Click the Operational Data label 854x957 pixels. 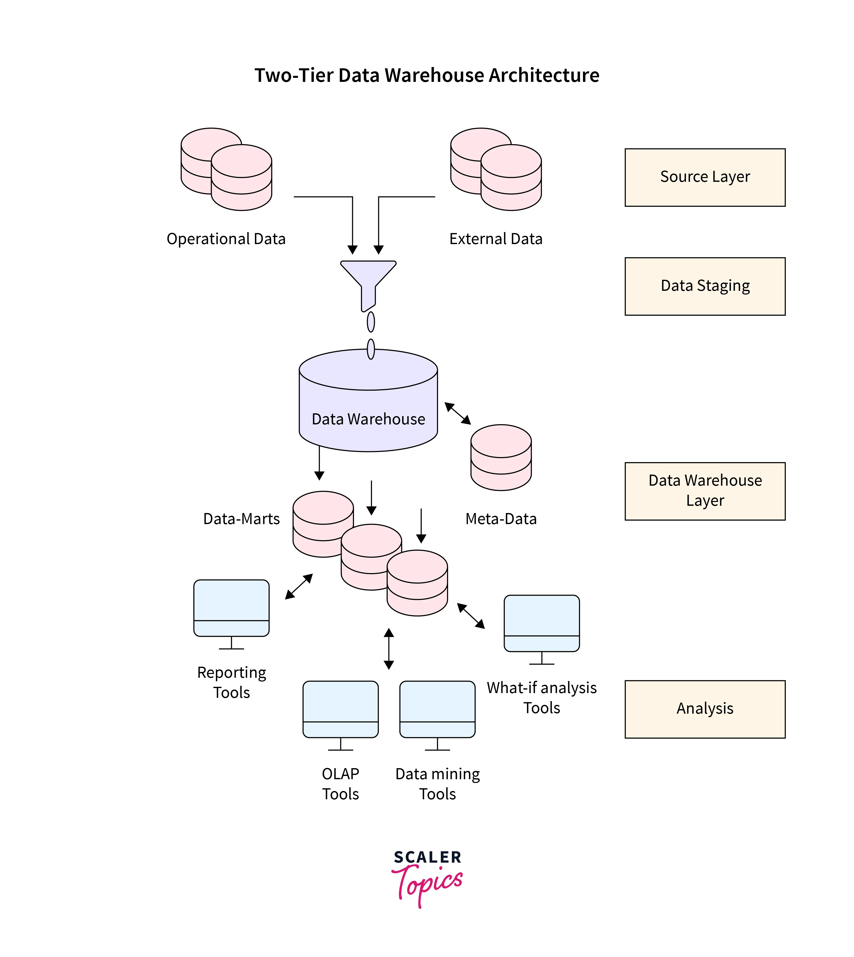tap(226, 239)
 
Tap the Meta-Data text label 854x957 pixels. tap(501, 519)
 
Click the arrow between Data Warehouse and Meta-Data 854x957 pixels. tap(457, 413)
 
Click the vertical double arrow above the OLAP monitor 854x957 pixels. tap(389, 649)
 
